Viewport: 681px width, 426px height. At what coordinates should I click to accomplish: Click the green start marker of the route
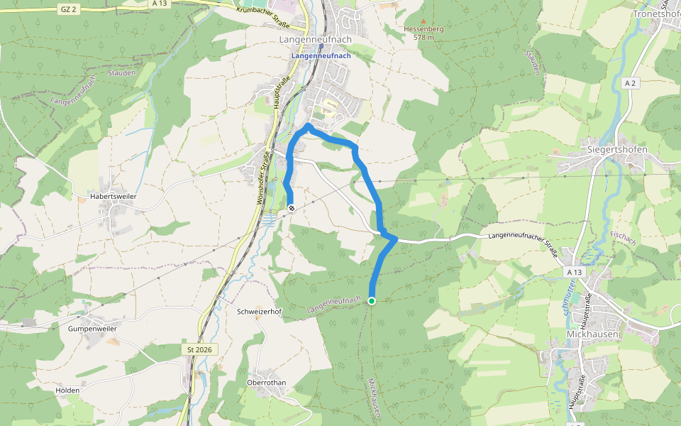pyautogui.click(x=372, y=301)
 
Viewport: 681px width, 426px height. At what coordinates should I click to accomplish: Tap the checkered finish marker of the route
pyautogui.click(x=292, y=207)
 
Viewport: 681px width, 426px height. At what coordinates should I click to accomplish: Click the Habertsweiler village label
pyautogui.click(x=113, y=195)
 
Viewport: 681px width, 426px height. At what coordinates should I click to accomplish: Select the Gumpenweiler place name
pyautogui.click(x=92, y=329)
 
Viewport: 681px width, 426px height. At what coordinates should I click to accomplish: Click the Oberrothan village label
pyautogui.click(x=266, y=382)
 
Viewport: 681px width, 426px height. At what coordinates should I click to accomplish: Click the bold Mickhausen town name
pyautogui.click(x=593, y=333)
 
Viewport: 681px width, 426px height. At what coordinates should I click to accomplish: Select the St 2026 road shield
pyautogui.click(x=199, y=349)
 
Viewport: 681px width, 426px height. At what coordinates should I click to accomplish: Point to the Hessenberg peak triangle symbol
pyautogui.click(x=423, y=21)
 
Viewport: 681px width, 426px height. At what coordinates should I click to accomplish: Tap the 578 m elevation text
pyautogui.click(x=423, y=37)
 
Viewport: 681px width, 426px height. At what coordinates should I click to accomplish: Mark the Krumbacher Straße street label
pyautogui.click(x=258, y=14)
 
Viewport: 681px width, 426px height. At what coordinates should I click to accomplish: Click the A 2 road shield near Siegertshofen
pyautogui.click(x=629, y=83)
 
